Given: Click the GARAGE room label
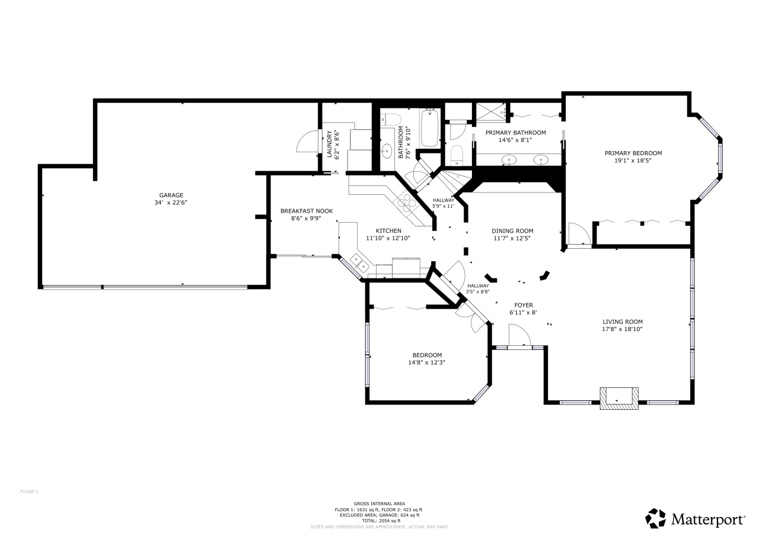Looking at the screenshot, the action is point(171,195).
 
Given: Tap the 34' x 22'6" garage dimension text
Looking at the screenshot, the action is point(171,203).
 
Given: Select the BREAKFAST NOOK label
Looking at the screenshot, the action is point(307,211).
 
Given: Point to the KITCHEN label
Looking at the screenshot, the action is point(388,231).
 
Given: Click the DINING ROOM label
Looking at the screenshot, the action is point(512,231).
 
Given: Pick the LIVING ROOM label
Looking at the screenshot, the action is point(623,322).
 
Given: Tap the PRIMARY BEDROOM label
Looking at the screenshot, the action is point(633,153).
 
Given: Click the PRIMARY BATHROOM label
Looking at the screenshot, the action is point(516,133).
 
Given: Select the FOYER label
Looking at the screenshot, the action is point(524,305).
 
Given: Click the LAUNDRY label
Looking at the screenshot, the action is point(329,144).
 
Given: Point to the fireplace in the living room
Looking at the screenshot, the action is point(619,398).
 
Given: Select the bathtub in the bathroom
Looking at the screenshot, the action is point(430,128).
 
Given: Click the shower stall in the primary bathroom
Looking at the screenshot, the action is point(490,112).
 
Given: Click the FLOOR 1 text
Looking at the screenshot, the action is point(29,492).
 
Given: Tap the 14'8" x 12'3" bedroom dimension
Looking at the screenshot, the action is point(426,362).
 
